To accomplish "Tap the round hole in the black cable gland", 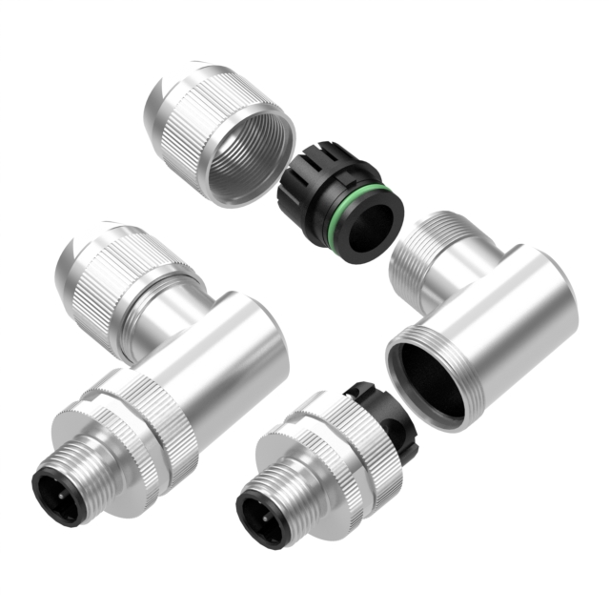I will click(x=370, y=228).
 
